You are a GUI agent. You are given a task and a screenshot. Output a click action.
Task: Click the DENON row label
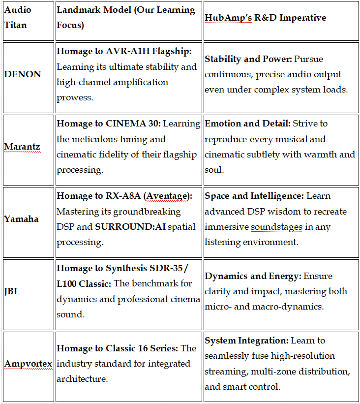23,74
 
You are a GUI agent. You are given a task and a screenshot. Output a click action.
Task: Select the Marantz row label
22,147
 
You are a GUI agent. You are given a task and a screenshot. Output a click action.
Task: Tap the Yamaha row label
21,219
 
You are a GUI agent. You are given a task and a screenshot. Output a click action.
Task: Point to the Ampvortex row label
28,364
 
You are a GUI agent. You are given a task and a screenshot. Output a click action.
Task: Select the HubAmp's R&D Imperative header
265,18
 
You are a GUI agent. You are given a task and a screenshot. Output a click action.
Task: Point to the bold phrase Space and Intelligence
254,196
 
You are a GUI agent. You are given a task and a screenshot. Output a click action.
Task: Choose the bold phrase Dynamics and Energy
253,276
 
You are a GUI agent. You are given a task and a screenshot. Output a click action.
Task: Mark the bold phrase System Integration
246,341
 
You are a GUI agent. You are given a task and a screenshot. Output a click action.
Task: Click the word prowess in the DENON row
74,97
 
